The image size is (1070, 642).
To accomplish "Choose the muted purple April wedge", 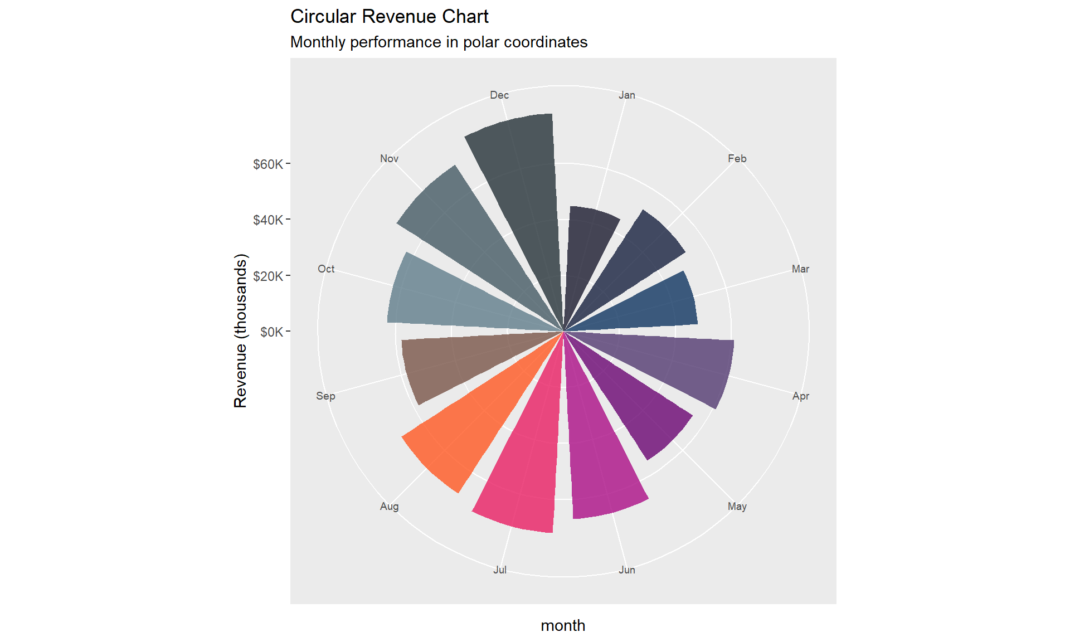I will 680,362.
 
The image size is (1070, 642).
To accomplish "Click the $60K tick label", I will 268,164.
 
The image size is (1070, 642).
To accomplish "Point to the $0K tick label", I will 271,332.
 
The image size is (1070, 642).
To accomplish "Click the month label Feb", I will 737,159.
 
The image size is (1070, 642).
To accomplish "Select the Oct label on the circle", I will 326,269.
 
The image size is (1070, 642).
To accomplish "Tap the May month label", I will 737,507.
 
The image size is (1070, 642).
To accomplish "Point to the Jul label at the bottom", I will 499,570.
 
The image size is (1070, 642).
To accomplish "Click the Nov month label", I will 389,159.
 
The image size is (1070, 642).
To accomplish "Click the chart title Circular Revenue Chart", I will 389,17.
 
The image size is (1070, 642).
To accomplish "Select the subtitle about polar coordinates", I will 439,42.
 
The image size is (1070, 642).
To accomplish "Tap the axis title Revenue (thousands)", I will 240,331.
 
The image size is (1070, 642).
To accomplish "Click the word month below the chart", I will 563,626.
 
